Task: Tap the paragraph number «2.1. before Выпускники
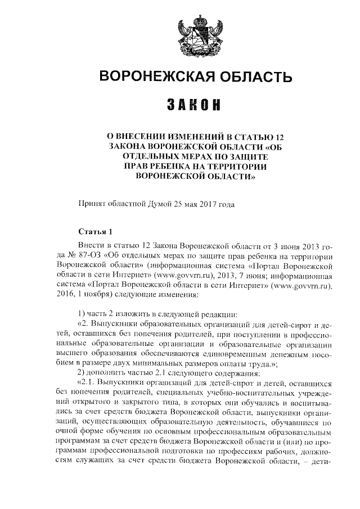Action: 85,384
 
